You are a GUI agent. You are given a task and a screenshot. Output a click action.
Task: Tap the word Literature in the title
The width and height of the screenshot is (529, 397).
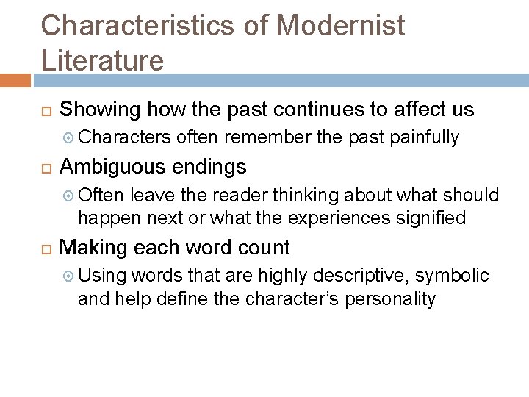tap(102, 59)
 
